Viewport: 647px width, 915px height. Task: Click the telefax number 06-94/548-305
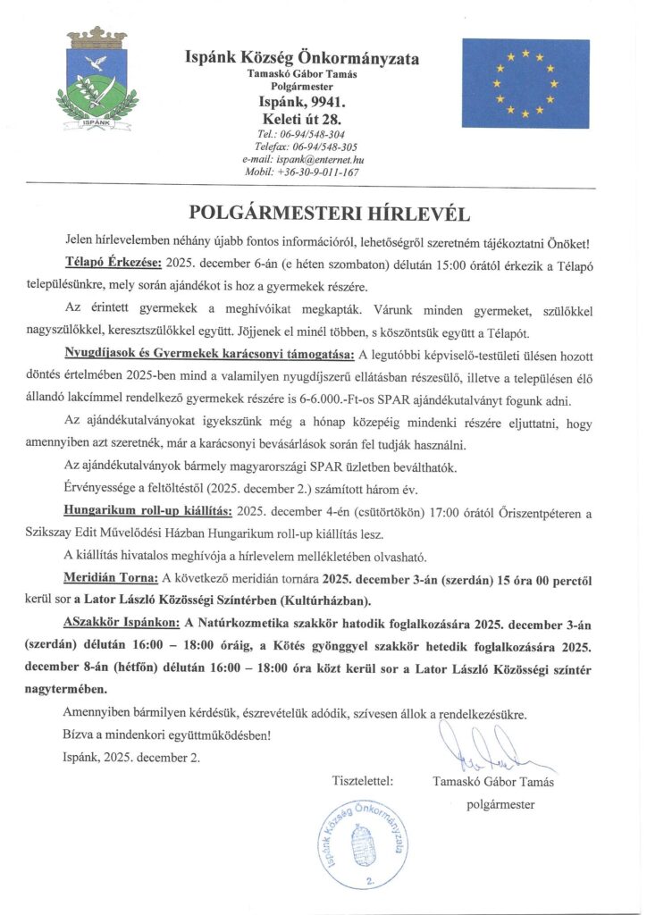(x=306, y=147)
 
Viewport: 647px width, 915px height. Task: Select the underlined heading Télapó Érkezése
(x=113, y=264)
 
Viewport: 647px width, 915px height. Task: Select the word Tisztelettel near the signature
(x=363, y=781)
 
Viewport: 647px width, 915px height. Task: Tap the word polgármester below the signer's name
(x=500, y=804)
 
